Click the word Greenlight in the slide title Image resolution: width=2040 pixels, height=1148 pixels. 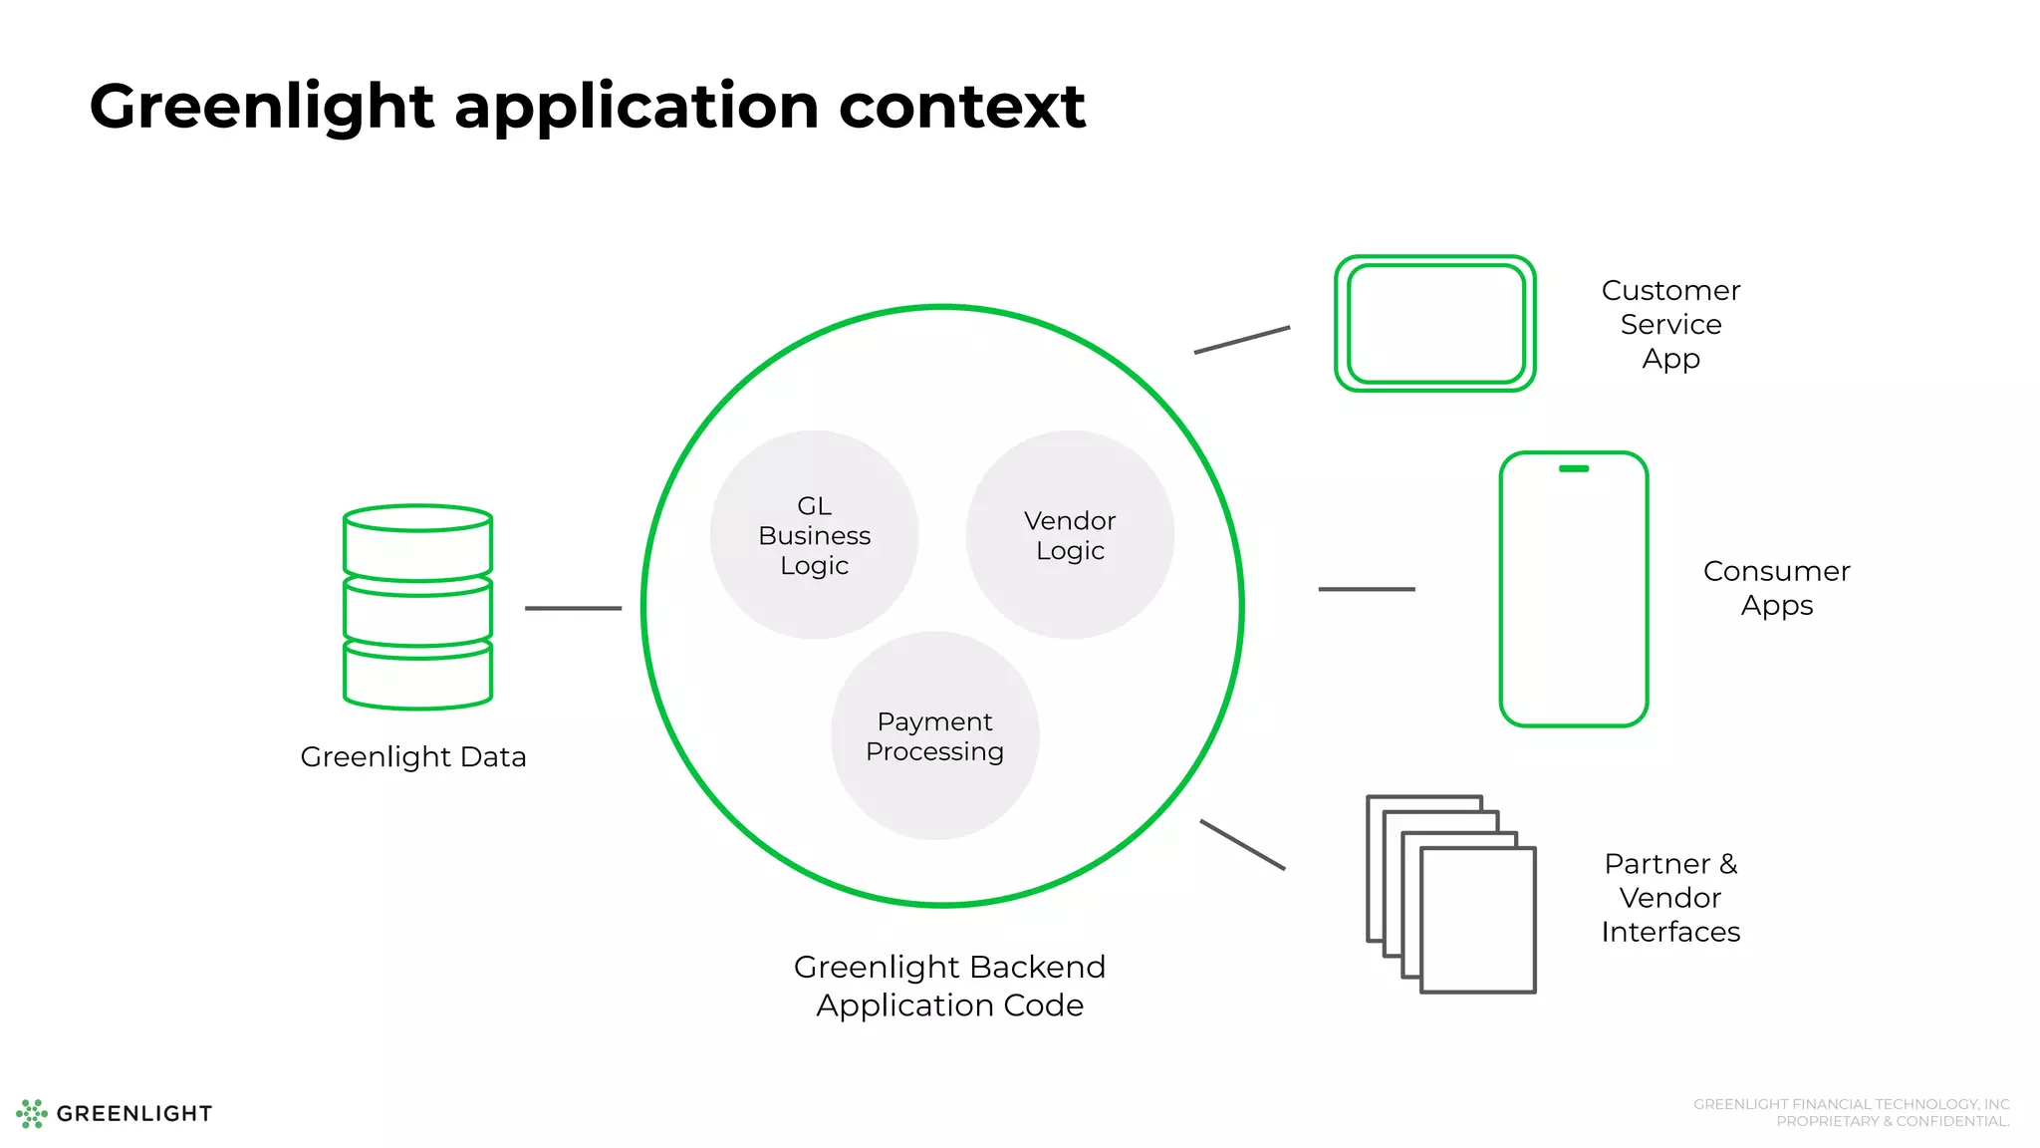262,108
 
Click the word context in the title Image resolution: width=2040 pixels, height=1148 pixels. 961,108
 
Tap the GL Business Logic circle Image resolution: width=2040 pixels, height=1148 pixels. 814,535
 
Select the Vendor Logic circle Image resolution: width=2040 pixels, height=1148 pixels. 1070,535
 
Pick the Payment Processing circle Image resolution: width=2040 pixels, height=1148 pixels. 934,736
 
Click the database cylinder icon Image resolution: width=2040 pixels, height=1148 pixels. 417,607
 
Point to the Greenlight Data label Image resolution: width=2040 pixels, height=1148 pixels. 413,757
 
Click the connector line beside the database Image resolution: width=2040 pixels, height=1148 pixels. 573,608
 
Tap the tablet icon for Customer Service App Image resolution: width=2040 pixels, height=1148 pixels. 1434,324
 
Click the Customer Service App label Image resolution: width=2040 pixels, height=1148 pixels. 1670,324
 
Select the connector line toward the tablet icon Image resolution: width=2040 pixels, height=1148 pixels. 1242,340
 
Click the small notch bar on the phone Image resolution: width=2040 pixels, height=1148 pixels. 1574,468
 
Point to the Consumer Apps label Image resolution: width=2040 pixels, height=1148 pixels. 1776,588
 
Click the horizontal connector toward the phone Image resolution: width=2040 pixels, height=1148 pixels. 1367,589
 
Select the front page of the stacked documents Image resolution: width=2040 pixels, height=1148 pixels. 1478,920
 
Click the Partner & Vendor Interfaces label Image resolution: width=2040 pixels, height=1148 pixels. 1670,897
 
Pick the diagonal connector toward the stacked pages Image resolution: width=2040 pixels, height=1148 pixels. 1242,845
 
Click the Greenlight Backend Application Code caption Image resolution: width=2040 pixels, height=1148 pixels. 949,986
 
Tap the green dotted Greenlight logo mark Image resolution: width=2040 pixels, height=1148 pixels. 32,1113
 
